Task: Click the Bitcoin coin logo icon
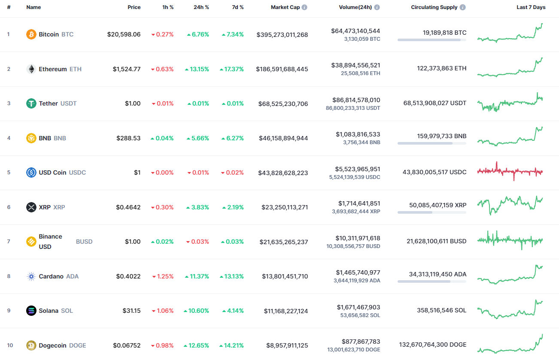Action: [x=31, y=34]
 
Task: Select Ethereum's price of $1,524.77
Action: [x=127, y=69]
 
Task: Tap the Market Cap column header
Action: [x=285, y=7]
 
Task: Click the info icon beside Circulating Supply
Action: [x=462, y=7]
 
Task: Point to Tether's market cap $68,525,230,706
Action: [x=283, y=104]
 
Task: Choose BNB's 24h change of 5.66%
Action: [x=198, y=138]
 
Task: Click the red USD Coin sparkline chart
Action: [x=510, y=171]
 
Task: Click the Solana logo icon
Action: [x=31, y=311]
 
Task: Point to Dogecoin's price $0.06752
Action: [x=127, y=345]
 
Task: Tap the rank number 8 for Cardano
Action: [x=9, y=276]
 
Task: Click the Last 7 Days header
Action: [x=531, y=7]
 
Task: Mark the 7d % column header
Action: [x=236, y=7]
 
